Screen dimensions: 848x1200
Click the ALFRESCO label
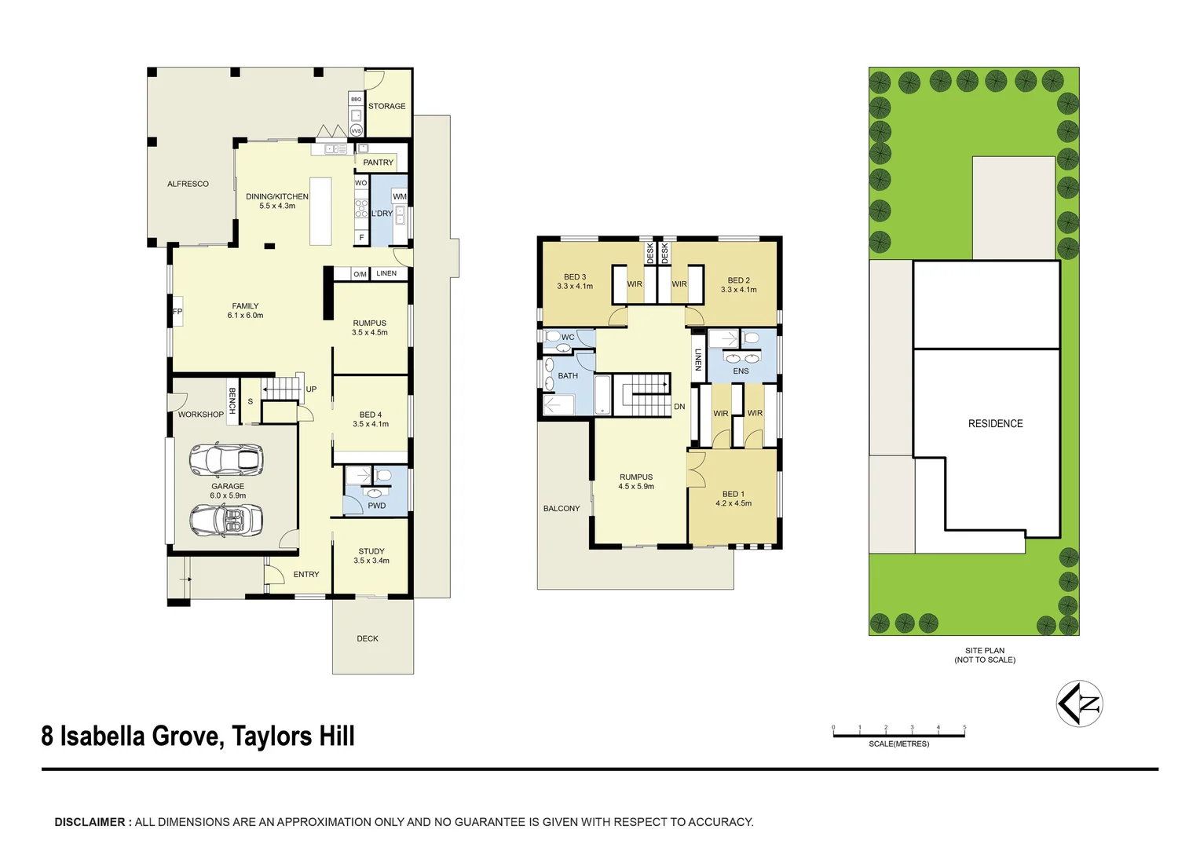click(x=188, y=184)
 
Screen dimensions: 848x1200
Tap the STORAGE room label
click(x=386, y=106)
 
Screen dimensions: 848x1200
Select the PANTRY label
click(x=378, y=163)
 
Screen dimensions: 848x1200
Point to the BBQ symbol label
click(x=356, y=99)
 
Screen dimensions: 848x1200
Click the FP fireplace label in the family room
click(x=177, y=312)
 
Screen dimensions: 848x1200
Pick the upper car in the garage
click(x=226, y=460)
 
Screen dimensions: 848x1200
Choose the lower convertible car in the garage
click(x=226, y=521)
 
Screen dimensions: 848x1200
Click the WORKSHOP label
click(x=200, y=415)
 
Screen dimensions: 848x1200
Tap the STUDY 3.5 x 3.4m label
click(x=371, y=556)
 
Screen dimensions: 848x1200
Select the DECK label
click(x=368, y=638)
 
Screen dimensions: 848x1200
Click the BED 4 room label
click(x=371, y=419)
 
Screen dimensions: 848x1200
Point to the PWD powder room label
click(x=377, y=506)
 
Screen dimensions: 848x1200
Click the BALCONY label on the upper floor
click(x=562, y=509)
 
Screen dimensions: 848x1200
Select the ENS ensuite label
click(x=741, y=371)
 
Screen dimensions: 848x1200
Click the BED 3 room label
click(x=575, y=281)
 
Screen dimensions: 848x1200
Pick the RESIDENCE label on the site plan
click(x=995, y=424)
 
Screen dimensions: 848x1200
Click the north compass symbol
click(x=1080, y=704)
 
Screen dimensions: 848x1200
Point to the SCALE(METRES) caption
click(x=898, y=744)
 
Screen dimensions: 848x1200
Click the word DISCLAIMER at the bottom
click(x=90, y=822)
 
